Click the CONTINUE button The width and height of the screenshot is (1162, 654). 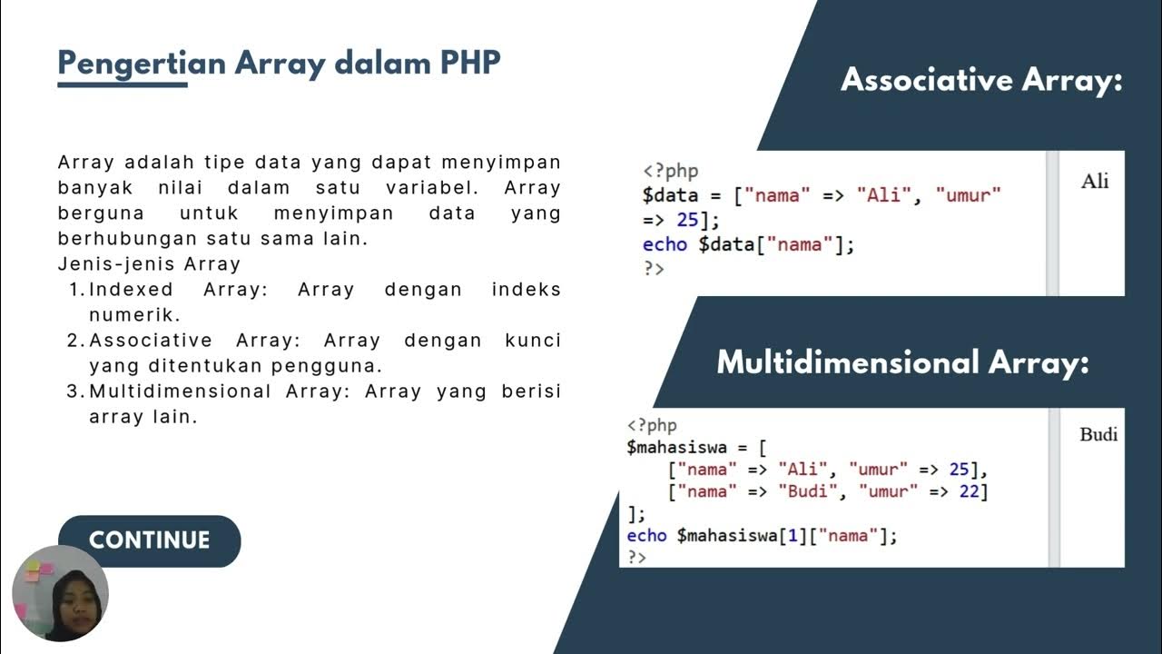[x=149, y=540]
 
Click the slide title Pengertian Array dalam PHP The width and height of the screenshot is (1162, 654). [x=279, y=64]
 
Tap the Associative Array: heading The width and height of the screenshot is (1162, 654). [x=981, y=80]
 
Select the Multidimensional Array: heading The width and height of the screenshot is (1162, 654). [x=902, y=362]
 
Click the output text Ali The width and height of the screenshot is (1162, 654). [x=1095, y=181]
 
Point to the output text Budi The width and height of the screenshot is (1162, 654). [x=1098, y=434]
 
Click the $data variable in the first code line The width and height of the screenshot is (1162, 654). [x=670, y=194]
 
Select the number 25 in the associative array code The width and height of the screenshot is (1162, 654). [x=687, y=219]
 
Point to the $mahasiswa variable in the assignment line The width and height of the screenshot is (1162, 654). [x=673, y=447]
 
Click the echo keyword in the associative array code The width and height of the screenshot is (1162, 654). [x=665, y=243]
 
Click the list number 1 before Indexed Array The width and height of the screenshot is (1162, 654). [x=74, y=290]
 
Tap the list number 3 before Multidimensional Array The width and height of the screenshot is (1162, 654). [x=74, y=391]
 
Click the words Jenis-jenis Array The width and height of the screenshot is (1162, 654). [x=149, y=264]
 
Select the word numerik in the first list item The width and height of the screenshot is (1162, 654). [x=134, y=315]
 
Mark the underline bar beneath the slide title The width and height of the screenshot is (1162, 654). [x=123, y=84]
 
